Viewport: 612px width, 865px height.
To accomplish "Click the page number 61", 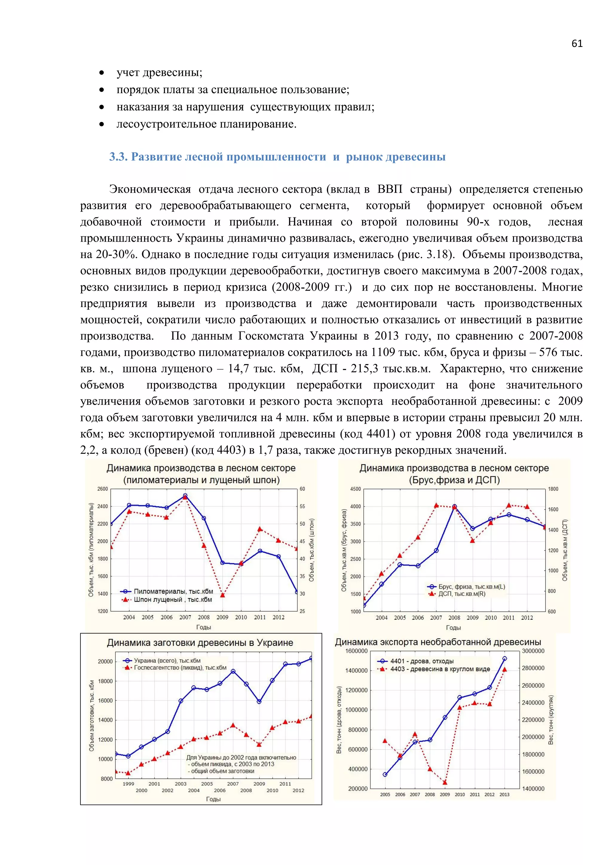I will point(576,44).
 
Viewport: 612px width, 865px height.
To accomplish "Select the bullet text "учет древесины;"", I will point(159,72).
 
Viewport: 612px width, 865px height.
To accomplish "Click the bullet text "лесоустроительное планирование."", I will point(206,124).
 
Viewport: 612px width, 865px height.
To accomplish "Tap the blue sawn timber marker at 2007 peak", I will point(185,496).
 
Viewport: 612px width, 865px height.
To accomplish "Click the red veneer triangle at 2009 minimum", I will point(222,595).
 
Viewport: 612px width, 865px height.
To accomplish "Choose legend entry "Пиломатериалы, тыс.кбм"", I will point(173,591).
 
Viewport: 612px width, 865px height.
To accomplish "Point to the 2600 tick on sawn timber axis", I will point(102,489).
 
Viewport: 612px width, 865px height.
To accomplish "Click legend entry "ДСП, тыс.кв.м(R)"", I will point(462,594).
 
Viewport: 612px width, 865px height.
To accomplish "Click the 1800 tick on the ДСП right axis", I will point(553,489).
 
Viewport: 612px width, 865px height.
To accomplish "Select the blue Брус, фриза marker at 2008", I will point(455,507).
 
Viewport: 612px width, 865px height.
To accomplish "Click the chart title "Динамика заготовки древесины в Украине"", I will point(200,642).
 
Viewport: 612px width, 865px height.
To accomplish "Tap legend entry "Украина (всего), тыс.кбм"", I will point(167,660).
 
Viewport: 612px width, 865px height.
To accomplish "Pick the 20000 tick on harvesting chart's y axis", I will point(105,661).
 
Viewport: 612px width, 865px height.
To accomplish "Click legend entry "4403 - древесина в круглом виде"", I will point(440,669).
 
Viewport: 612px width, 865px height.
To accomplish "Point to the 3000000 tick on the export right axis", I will point(533,651).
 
